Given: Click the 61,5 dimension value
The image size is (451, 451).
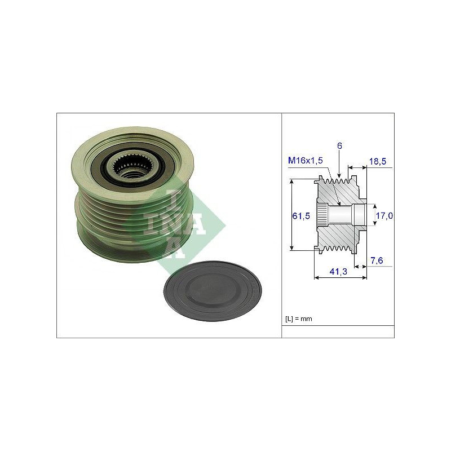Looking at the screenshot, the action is point(301,216).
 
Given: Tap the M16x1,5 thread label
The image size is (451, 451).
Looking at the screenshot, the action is point(306,161).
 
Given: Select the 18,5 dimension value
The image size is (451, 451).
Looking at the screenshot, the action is point(378,162).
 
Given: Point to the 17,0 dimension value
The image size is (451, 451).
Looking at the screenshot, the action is point(384,215).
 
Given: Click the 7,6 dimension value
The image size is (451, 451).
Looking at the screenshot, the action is point(377,260).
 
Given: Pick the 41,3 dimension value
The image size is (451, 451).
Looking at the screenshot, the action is point(339,271).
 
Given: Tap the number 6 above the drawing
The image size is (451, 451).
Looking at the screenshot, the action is point(340,146).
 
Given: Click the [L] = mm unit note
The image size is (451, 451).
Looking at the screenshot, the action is point(299,319).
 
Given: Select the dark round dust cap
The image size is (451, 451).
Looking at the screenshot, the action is point(213,291).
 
